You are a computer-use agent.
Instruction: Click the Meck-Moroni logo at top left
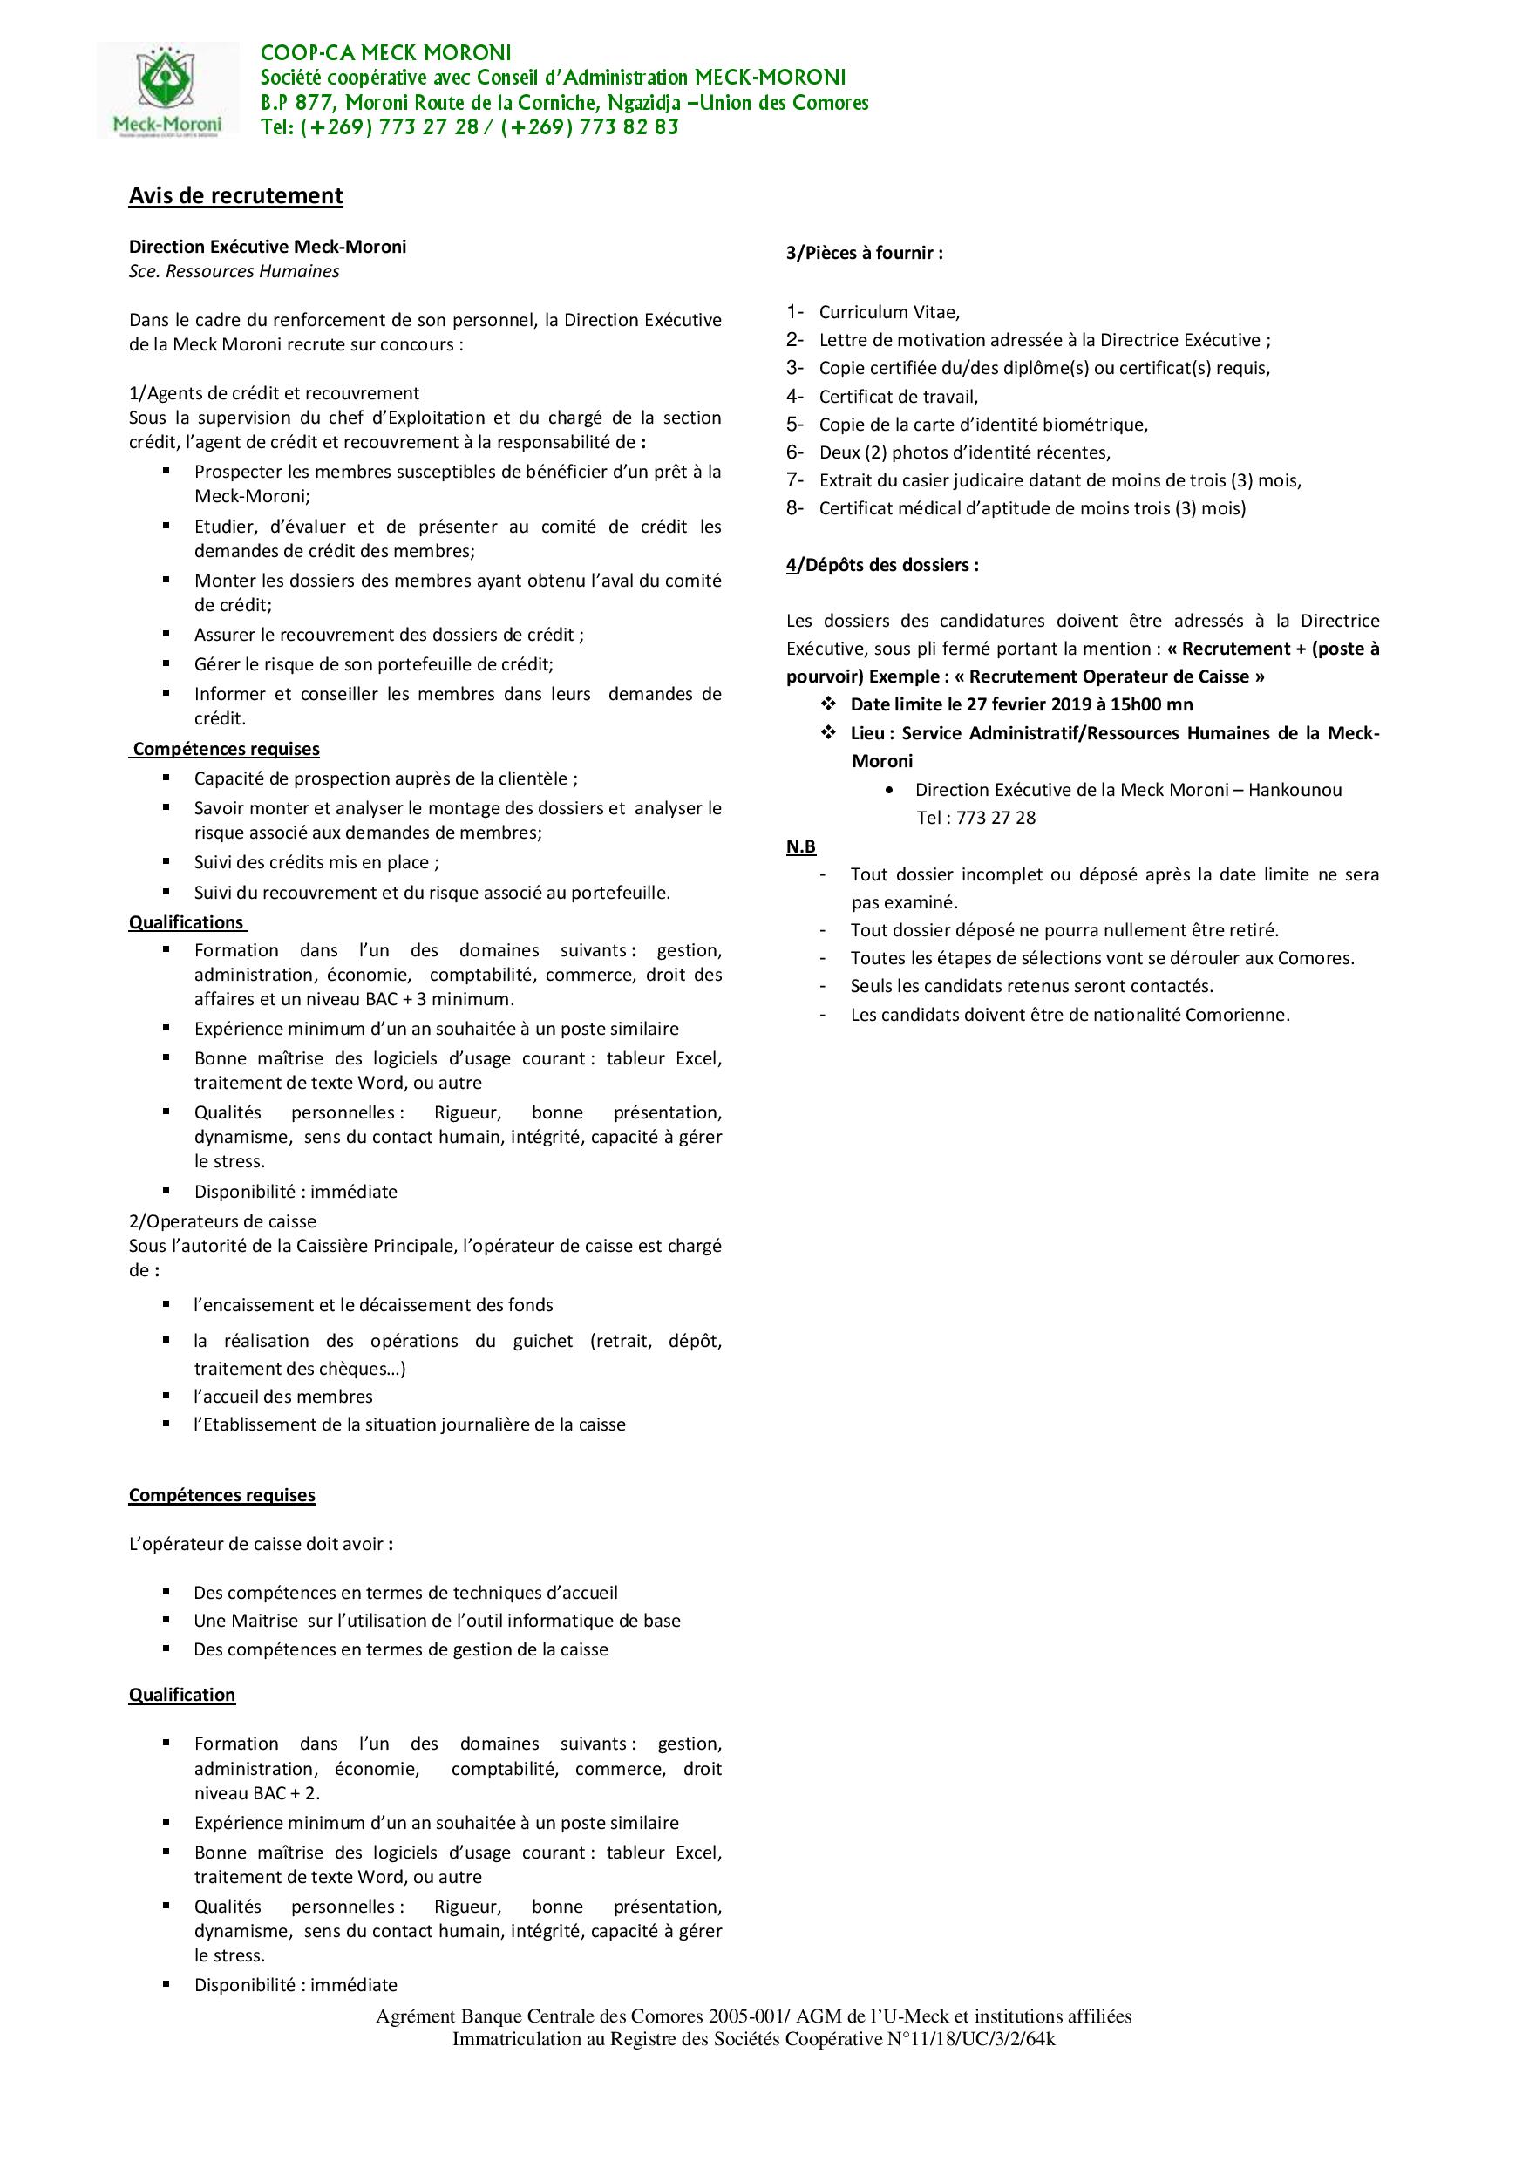tap(168, 92)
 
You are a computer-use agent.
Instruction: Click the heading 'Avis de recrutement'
tap(235, 196)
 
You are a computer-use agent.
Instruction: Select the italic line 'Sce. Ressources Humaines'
tap(234, 271)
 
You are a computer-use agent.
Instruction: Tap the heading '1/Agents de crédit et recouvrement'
tap(274, 392)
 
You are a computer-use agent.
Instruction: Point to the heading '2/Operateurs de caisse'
tap(222, 1221)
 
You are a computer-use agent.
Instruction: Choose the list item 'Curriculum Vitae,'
tap(889, 312)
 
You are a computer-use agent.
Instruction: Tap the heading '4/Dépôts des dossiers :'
tap(882, 565)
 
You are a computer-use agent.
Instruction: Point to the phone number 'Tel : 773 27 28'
tap(975, 818)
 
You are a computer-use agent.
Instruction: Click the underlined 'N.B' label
tap(801, 846)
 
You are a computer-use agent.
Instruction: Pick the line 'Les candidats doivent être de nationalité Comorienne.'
tap(1070, 1015)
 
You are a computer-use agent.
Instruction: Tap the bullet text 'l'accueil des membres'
tap(283, 1397)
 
